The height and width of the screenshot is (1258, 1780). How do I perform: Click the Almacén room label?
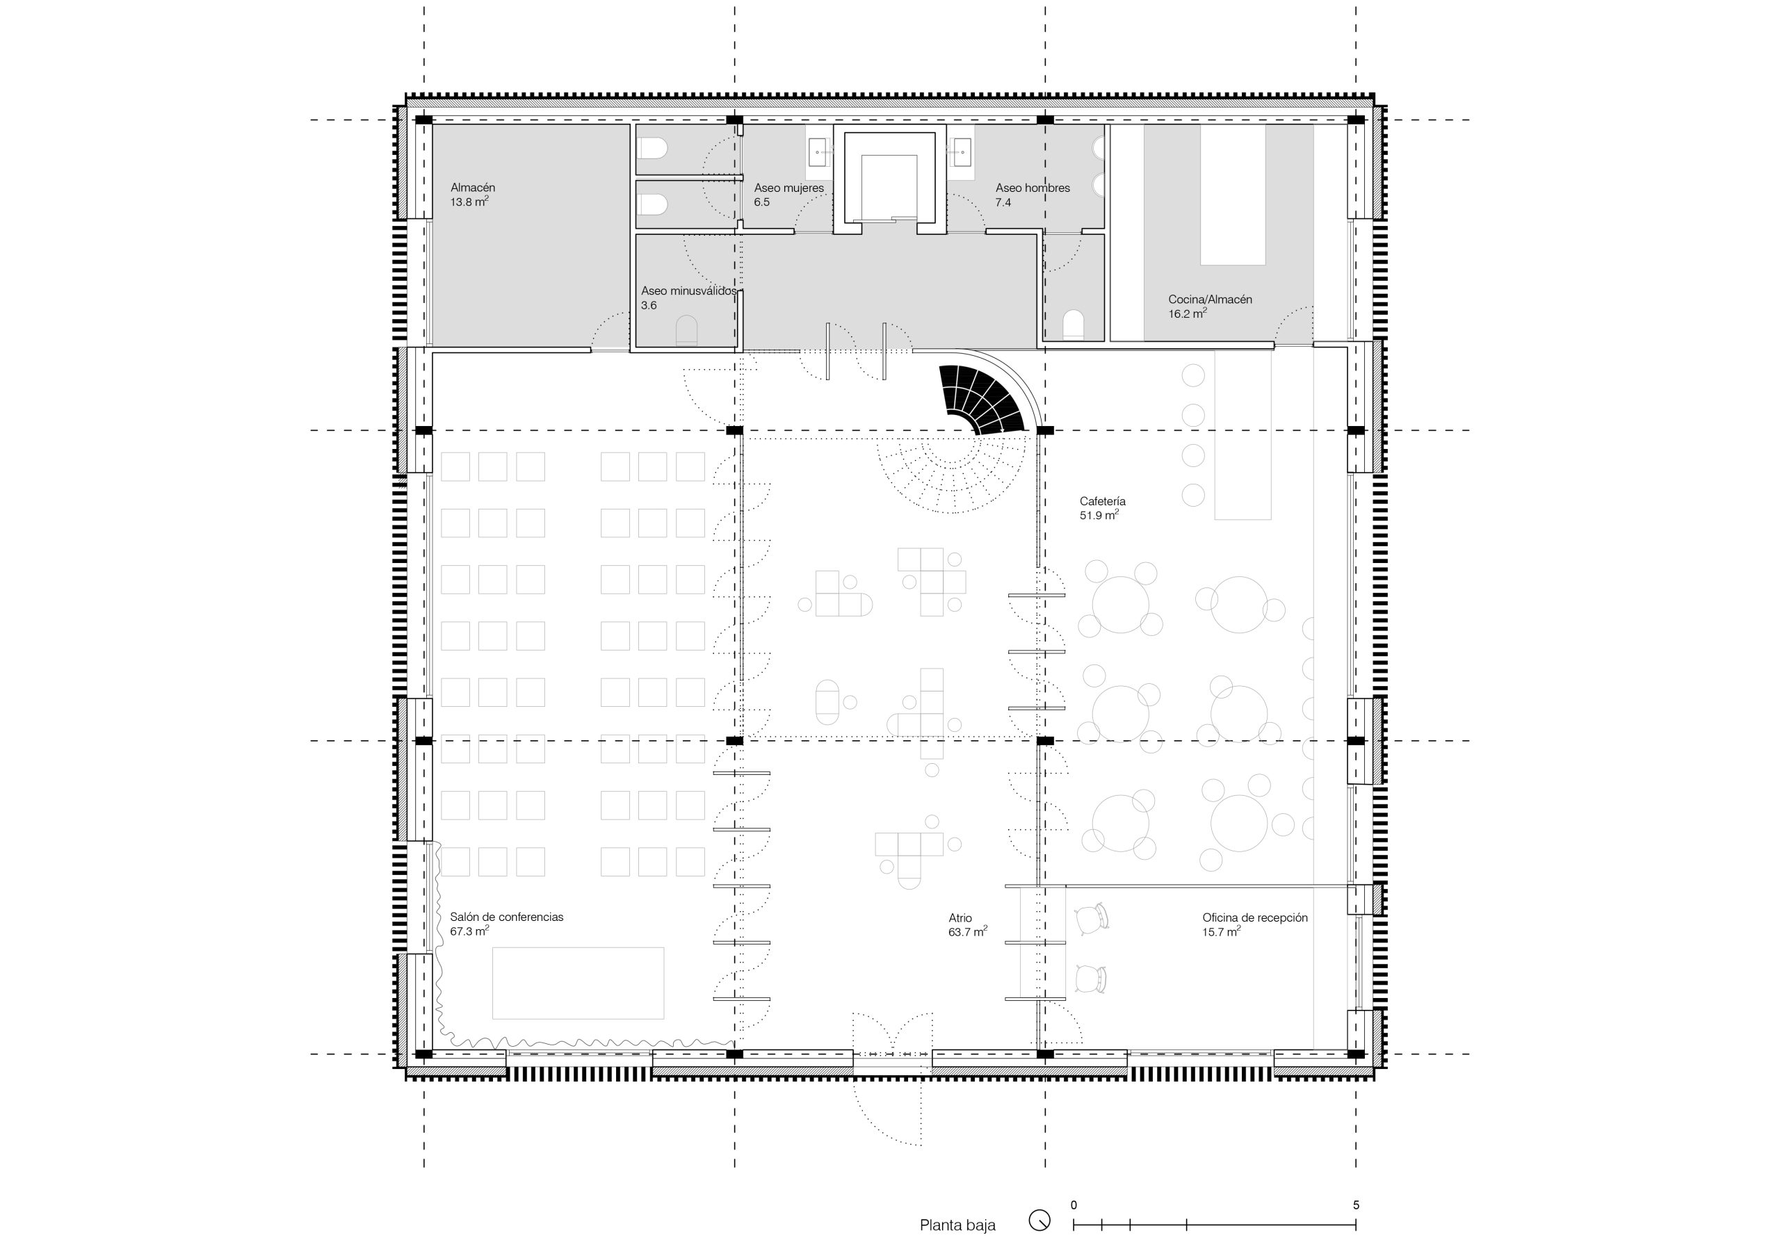[473, 188]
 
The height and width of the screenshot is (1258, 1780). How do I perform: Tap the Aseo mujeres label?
[788, 188]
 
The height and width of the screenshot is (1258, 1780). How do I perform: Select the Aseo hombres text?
[1033, 188]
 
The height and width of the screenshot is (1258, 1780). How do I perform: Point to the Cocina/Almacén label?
[1210, 299]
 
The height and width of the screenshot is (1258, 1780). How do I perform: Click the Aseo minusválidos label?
[688, 291]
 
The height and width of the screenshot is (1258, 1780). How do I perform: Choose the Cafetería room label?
[1103, 502]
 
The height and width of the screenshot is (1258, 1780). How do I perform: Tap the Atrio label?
[960, 917]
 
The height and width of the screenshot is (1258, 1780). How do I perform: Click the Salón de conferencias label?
[507, 917]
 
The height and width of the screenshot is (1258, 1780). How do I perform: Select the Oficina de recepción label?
[1255, 917]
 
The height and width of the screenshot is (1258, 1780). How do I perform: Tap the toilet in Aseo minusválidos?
[687, 330]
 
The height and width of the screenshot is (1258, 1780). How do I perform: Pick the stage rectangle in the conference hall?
[578, 983]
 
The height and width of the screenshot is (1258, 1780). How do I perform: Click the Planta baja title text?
[957, 1225]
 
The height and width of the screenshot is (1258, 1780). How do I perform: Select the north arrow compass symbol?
[1039, 1220]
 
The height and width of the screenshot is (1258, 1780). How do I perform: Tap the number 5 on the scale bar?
[1356, 1205]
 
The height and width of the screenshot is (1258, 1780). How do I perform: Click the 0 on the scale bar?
[1074, 1205]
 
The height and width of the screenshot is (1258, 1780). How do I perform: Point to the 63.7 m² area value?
[967, 933]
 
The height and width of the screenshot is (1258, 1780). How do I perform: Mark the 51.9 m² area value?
[1099, 516]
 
